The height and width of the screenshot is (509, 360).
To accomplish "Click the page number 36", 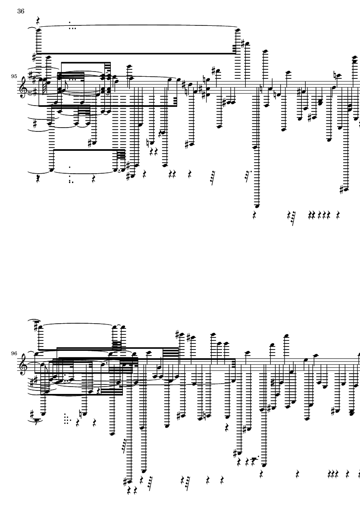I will click(x=21, y=12).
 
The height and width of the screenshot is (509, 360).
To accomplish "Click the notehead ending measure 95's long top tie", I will click(x=238, y=29).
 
